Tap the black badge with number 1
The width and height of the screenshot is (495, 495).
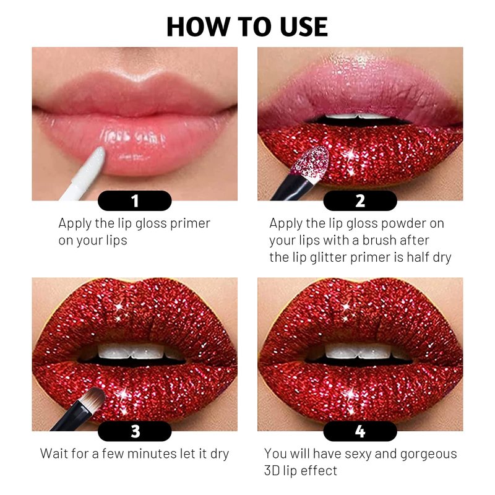point(135,200)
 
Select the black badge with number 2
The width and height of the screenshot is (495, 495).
point(360,200)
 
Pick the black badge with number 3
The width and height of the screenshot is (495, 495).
point(135,431)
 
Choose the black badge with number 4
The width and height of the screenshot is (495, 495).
point(360,431)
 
